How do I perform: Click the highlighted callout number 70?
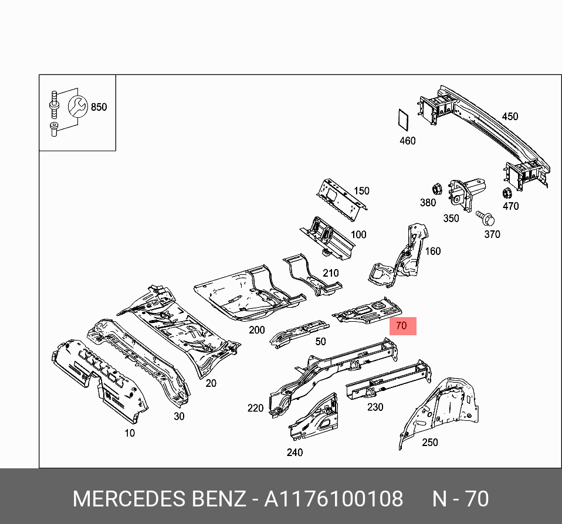(x=401, y=326)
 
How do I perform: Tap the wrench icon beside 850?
(x=77, y=107)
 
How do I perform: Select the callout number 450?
(x=510, y=116)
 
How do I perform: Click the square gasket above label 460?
(x=402, y=121)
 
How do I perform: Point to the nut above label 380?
(x=436, y=189)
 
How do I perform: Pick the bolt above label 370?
(x=486, y=218)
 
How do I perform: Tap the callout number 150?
(x=361, y=190)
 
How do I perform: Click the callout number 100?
(x=358, y=234)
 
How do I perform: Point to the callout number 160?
(x=432, y=251)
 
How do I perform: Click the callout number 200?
(x=257, y=330)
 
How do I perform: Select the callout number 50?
(x=320, y=341)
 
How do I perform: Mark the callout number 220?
(x=256, y=408)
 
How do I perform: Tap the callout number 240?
(x=294, y=452)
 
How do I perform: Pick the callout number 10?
(x=129, y=433)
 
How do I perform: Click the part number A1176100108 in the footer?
(x=333, y=499)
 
